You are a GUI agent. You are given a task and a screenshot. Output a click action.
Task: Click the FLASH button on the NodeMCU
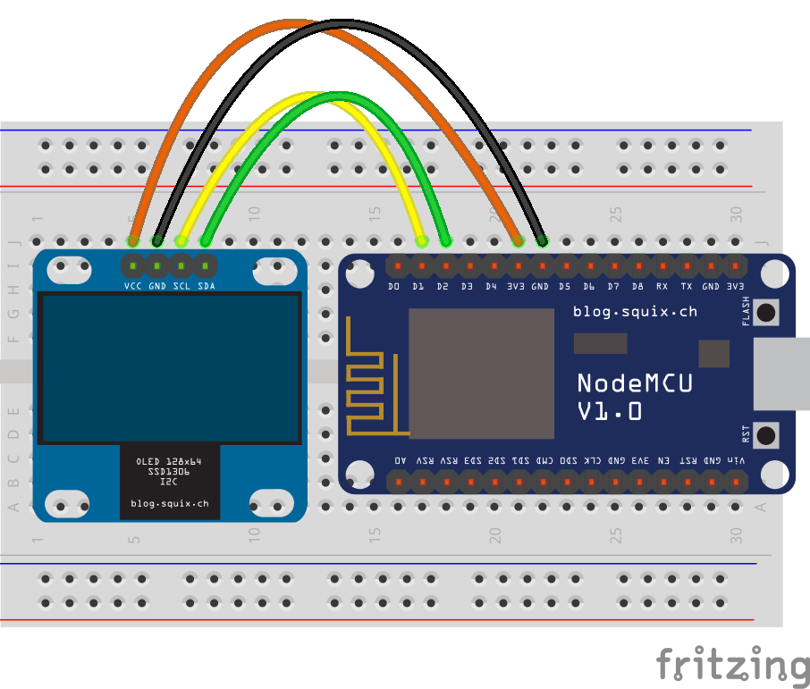[766, 312]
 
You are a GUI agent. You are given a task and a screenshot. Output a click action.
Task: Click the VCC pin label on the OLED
[132, 286]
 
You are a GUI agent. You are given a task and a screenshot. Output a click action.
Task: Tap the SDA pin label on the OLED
[206, 286]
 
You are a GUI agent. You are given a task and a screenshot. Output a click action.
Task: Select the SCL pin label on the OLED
[181, 286]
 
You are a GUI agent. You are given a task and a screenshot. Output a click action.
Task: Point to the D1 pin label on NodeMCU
[418, 287]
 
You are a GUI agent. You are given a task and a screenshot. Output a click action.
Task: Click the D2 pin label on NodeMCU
[443, 287]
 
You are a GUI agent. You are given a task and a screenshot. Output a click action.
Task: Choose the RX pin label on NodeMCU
[662, 287]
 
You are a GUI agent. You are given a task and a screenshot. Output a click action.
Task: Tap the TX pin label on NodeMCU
[686, 287]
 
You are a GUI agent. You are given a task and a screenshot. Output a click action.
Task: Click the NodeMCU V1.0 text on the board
[635, 396]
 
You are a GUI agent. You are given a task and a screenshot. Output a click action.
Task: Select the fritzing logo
[732, 666]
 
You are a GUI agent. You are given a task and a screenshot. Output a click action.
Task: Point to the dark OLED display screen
[170, 368]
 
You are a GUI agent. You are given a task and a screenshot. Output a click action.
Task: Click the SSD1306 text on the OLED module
[169, 471]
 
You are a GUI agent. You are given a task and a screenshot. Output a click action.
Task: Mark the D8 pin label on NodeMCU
[637, 287]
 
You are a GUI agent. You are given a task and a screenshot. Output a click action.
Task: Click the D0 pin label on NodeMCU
[394, 287]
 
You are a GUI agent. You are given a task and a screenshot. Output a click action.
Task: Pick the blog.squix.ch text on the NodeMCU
[635, 312]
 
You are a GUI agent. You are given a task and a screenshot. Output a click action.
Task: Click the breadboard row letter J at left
[13, 241]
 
